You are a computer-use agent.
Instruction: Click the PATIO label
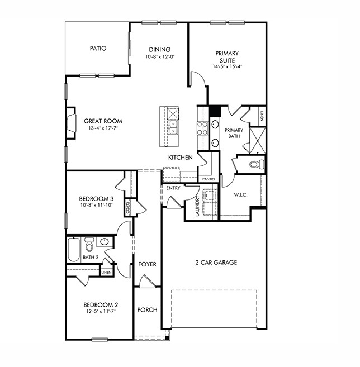coord(98,49)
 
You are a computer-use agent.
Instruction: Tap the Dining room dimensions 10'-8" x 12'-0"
coord(159,57)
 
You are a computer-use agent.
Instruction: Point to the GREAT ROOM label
coord(103,121)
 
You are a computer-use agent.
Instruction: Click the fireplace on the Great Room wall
coord(70,123)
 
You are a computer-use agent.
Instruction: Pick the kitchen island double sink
coord(174,127)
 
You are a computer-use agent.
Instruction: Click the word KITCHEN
coord(181,158)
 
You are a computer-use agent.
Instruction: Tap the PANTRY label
coord(209,179)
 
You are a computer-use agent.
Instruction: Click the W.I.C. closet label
coord(241,195)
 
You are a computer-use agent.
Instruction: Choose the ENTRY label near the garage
coord(173,188)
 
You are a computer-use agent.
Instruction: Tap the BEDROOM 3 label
coord(96,199)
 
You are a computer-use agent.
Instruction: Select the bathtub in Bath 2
coord(74,250)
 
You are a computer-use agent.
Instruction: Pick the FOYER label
coord(147,264)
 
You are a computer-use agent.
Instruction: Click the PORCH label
coord(147,310)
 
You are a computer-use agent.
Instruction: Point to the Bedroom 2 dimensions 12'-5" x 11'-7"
coord(101,312)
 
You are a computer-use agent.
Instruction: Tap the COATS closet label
coord(128,209)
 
